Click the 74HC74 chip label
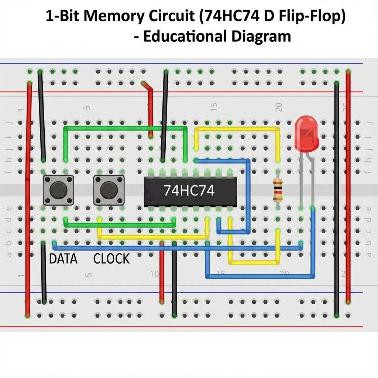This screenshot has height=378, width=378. click(189, 190)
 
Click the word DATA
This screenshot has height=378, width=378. click(63, 259)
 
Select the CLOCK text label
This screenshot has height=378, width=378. click(111, 259)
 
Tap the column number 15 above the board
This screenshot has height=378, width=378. click(214, 107)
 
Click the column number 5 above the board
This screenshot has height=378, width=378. click(87, 108)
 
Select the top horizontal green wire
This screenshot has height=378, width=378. click(126, 128)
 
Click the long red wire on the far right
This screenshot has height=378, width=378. click(348, 185)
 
